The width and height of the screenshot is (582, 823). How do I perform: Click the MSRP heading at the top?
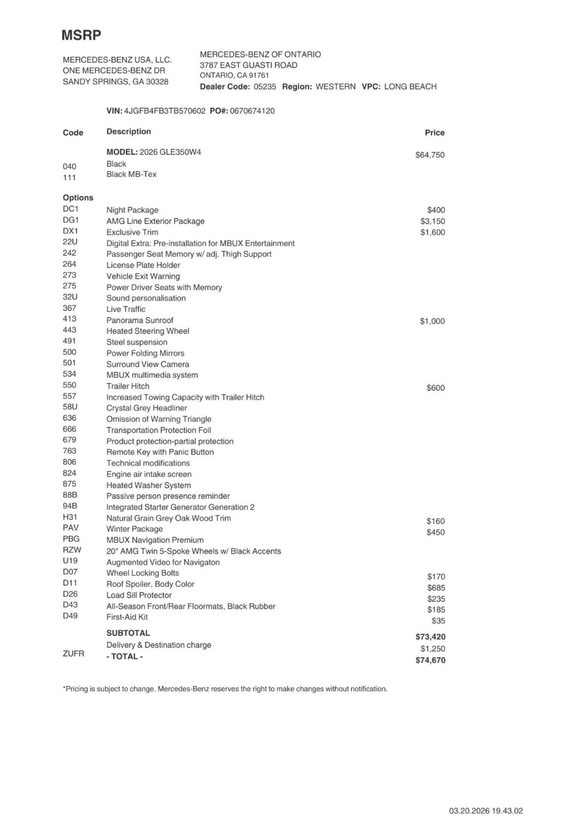81,35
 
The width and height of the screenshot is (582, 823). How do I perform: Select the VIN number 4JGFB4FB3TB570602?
165,111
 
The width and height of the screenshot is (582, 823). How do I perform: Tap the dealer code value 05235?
265,87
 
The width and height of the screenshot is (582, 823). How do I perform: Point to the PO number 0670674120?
252,111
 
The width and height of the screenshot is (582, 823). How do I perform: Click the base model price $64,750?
430,155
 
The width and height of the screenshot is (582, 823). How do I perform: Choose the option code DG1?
71,220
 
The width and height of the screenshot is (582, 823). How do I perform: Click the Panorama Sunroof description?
140,320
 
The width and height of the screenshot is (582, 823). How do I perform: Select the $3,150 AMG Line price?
432,221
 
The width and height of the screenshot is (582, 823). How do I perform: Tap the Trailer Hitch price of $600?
435,388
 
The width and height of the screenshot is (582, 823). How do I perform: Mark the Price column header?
435,133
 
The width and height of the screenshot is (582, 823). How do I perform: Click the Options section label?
78,198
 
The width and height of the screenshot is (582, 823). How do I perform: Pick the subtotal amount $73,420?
430,637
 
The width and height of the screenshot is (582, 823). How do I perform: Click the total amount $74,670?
430,660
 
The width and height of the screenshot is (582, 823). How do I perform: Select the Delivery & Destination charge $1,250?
432,648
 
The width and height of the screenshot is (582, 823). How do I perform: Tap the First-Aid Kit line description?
127,617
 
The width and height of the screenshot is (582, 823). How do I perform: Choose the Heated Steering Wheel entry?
148,331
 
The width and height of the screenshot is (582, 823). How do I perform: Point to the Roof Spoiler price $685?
436,588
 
